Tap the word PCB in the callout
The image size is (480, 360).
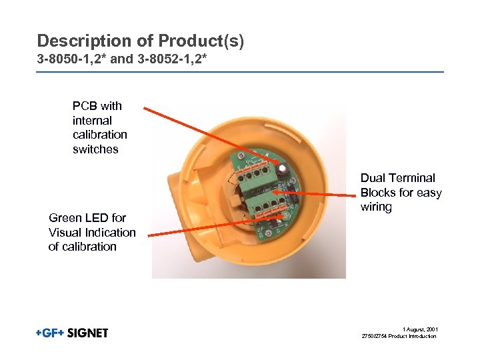(x=84, y=105)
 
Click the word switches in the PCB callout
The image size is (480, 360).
(x=95, y=149)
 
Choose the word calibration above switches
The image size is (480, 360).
(x=100, y=135)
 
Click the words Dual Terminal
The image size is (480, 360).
(x=398, y=178)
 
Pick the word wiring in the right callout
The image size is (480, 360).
(x=376, y=207)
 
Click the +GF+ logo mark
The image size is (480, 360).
(x=50, y=333)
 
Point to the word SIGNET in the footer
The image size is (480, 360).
(x=87, y=333)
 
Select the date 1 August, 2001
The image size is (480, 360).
(x=420, y=329)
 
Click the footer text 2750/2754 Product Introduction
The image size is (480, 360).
(x=398, y=336)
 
